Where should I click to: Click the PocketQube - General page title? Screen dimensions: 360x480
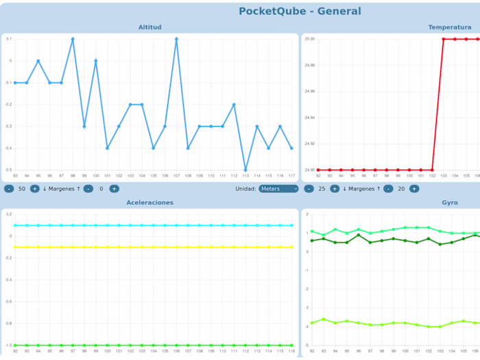(x=300, y=11)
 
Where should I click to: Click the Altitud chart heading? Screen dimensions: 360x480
(x=149, y=27)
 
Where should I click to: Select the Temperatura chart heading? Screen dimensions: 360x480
(x=449, y=27)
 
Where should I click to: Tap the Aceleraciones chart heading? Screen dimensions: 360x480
(x=149, y=202)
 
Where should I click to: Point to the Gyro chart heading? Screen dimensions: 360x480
(x=449, y=202)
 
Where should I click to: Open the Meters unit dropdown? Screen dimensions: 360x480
(x=278, y=189)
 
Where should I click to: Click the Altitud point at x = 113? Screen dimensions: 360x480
(x=245, y=170)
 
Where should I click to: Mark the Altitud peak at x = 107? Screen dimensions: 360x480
(x=176, y=39)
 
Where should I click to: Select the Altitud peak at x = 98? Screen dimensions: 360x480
(x=73, y=39)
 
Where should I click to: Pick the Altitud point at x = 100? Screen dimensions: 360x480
(x=96, y=60)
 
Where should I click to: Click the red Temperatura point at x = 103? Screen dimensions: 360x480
(x=444, y=39)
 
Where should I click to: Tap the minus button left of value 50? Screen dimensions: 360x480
(x=9, y=189)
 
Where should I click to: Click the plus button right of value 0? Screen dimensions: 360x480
(x=115, y=189)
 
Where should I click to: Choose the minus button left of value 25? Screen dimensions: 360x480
(x=309, y=189)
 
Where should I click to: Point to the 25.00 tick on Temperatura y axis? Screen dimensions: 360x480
(x=310, y=39)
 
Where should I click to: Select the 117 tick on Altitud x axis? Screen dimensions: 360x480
(x=291, y=176)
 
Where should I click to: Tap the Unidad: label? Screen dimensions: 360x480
(x=245, y=189)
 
